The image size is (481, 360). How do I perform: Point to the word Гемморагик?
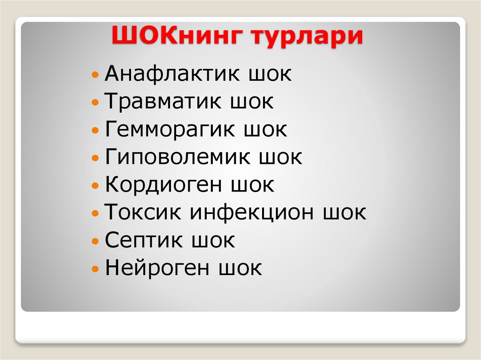[x=170, y=130]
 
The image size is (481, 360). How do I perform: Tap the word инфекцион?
[x=252, y=213]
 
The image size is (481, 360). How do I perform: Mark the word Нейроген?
[x=157, y=268]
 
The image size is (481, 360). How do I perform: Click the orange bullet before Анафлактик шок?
[x=95, y=75]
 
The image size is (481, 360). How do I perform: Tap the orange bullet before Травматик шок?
[x=95, y=102]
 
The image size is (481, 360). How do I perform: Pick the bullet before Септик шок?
[x=95, y=241]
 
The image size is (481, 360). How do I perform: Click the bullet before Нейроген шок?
[x=95, y=269]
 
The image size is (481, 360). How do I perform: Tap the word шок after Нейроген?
[x=240, y=268]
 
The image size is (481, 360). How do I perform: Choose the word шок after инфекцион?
[x=344, y=213]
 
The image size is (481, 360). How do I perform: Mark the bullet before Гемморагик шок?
[x=95, y=130]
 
